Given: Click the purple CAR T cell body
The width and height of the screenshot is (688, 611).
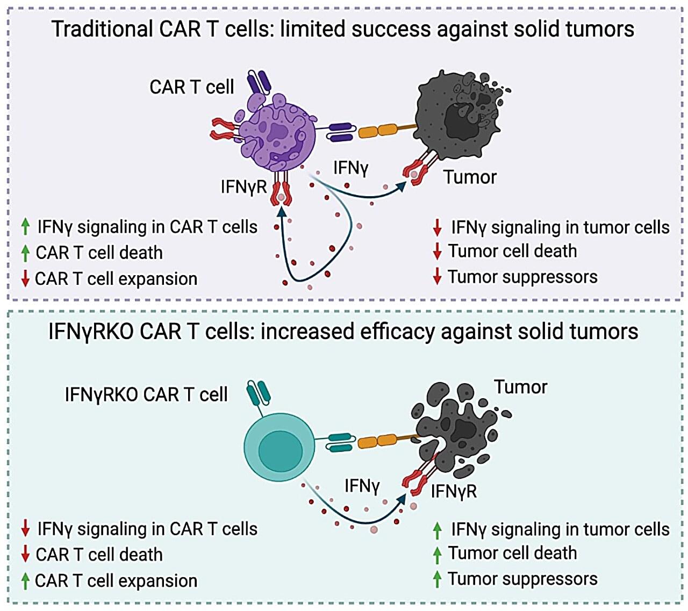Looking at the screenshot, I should (x=277, y=134).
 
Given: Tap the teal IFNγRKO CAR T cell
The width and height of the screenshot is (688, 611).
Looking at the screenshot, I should (x=279, y=446).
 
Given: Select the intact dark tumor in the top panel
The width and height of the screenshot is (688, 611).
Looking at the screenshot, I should (x=460, y=118).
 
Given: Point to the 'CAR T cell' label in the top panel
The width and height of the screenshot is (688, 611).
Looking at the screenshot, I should (x=191, y=87).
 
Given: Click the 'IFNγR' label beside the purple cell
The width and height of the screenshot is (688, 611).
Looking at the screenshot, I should (x=243, y=186).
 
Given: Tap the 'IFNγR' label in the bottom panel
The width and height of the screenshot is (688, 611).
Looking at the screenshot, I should (x=454, y=491).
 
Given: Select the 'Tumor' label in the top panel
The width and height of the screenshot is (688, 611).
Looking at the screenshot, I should (x=470, y=177).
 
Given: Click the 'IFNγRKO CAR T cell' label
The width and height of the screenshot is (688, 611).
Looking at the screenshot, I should (x=146, y=394).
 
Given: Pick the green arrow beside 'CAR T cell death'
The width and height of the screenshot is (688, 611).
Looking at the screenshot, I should (x=25, y=253).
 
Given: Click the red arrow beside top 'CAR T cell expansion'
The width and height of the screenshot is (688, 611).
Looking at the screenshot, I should (x=25, y=279).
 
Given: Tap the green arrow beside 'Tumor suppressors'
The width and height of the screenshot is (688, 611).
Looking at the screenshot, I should (x=438, y=579).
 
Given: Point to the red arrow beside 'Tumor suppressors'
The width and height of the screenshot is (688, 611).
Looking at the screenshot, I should (x=438, y=277).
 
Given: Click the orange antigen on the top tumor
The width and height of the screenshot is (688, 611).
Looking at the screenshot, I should (x=378, y=131).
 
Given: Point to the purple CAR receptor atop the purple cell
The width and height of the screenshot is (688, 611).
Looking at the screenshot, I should (x=259, y=83).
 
